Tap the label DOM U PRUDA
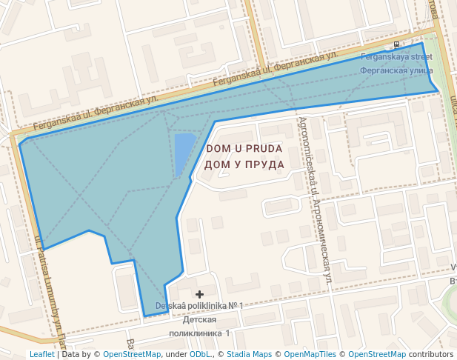[x=244, y=149]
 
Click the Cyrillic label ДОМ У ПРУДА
[x=244, y=164]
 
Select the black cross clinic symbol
[x=199, y=295]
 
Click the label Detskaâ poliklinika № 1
[x=199, y=306]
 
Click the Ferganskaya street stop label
[x=396, y=56]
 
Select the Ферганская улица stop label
[x=396, y=70]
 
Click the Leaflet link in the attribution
[x=41, y=355]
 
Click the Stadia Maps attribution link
[x=249, y=355]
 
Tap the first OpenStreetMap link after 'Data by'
[x=131, y=355]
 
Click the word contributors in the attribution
[x=431, y=355]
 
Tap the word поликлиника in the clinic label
[x=200, y=333]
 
